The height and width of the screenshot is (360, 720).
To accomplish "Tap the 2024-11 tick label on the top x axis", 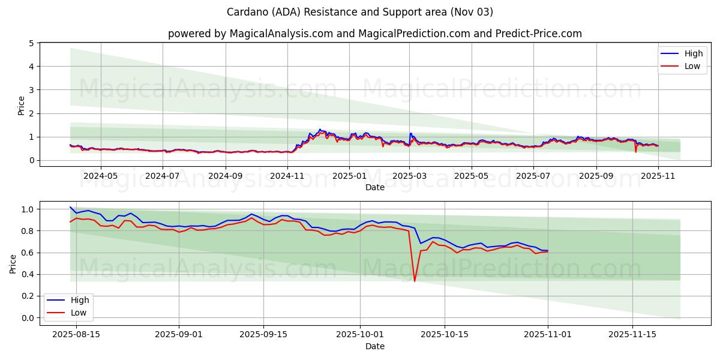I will coord(287,176).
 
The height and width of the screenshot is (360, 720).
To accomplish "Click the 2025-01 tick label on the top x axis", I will coord(349,176).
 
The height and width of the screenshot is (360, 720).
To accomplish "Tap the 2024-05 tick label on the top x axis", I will coord(100,176).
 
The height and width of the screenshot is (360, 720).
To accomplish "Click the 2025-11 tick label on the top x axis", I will coord(658,176).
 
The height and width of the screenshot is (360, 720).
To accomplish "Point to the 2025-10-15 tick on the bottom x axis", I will coord(445,335).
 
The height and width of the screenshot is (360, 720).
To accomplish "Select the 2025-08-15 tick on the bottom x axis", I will coord(76,335).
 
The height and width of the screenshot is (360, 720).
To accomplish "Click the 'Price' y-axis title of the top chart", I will coord(22,105).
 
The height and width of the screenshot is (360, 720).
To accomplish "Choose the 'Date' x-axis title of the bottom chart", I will coord(375,346).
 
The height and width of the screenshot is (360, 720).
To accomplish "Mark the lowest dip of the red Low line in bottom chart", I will coord(415,281).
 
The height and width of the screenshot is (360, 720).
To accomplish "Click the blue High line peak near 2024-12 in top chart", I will coord(320,129).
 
